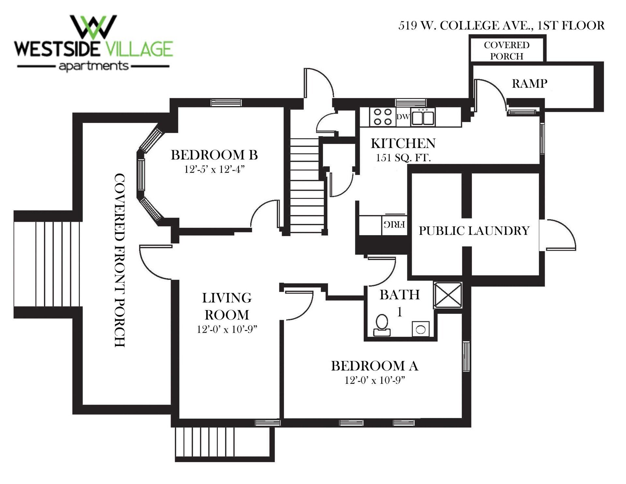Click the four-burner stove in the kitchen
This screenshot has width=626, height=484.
pos(382,117)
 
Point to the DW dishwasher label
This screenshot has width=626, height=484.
pos(403,117)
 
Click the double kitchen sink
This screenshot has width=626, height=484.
pos(423,117)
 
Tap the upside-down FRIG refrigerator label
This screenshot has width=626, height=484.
pos(394,224)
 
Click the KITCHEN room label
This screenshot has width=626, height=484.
pos(403,144)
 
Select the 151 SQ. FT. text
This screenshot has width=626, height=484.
pos(403,158)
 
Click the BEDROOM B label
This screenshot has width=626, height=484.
pos(214,155)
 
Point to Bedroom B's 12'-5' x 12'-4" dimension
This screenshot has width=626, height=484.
pos(214,170)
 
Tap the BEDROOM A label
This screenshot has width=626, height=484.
pos(375,366)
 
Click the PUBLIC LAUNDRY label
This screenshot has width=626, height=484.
pos(474,231)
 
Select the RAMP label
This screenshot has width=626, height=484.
pos(529,83)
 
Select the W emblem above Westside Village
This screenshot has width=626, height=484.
pos(93,26)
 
